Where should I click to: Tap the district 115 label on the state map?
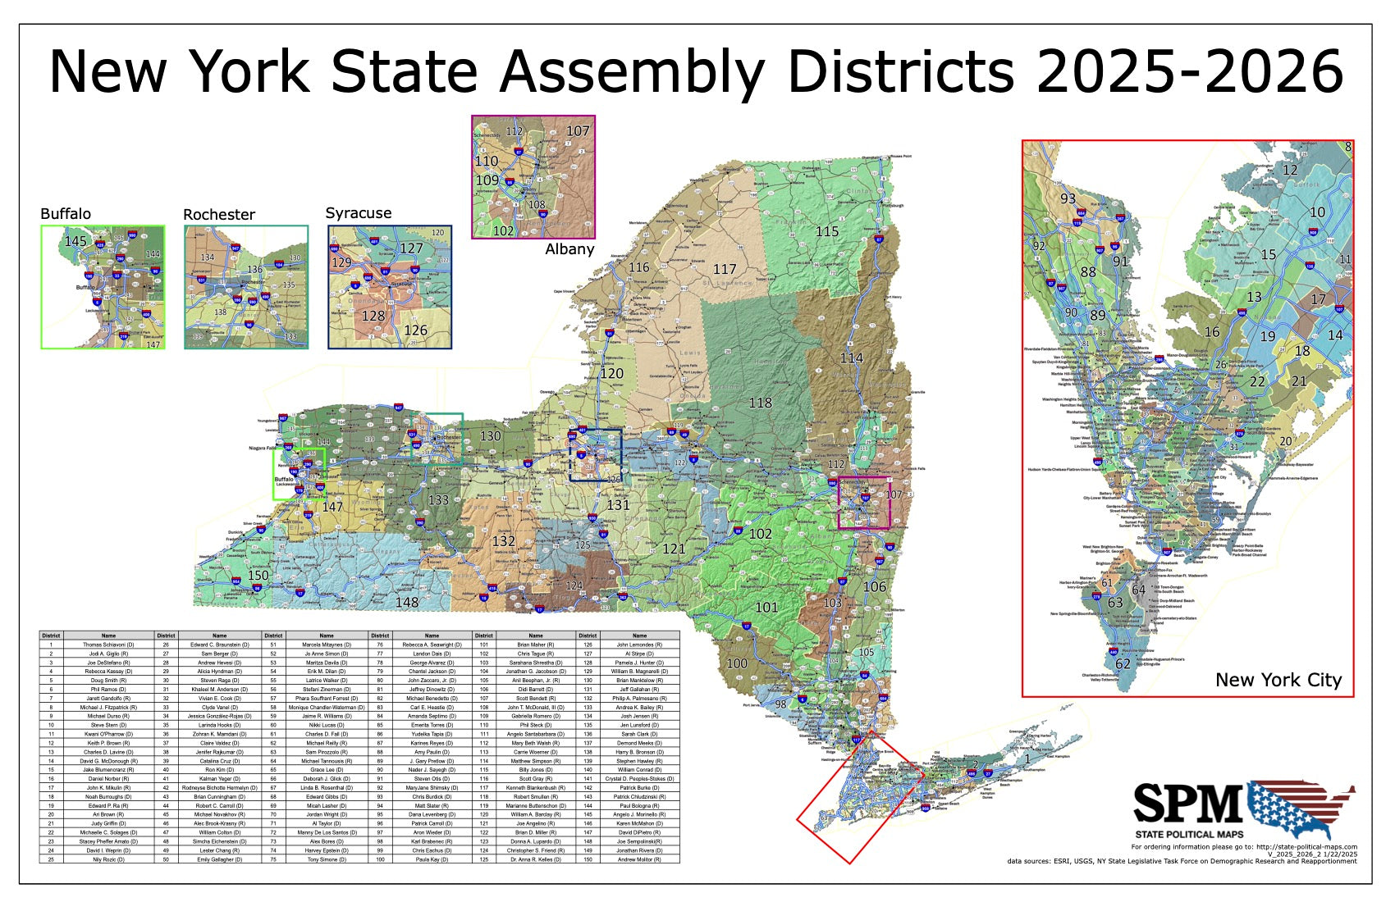click(x=827, y=231)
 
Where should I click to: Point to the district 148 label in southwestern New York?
click(x=407, y=602)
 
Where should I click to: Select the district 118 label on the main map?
click(x=761, y=403)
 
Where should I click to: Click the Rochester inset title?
click(x=219, y=215)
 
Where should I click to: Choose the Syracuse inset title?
click(x=359, y=213)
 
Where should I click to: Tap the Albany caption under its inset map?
click(x=569, y=249)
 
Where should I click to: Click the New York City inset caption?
click(x=1278, y=680)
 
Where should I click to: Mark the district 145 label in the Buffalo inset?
click(x=75, y=241)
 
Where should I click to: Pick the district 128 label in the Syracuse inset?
click(x=373, y=316)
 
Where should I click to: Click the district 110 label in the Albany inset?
click(x=487, y=162)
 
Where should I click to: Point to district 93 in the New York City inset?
click(x=1068, y=198)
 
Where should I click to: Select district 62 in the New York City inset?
click(x=1123, y=663)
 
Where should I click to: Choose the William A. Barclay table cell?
click(x=536, y=814)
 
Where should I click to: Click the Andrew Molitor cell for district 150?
click(x=639, y=859)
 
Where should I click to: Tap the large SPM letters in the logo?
click(x=1188, y=803)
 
